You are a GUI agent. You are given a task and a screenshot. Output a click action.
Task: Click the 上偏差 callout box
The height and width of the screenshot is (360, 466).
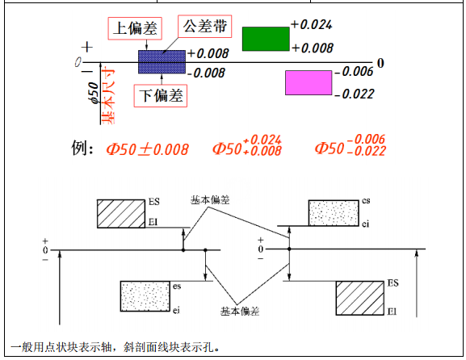[x=135, y=28]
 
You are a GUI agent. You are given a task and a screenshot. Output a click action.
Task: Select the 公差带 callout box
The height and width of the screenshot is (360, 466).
[x=205, y=27]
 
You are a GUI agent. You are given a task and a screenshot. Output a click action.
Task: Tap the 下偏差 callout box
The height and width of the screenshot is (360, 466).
[x=161, y=96]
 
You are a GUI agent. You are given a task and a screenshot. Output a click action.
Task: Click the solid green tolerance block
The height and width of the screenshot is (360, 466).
[x=266, y=39]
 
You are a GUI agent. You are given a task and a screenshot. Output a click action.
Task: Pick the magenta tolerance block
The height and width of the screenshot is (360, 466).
[x=309, y=83]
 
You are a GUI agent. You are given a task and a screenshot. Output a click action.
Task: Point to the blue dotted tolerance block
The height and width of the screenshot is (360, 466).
[x=162, y=62]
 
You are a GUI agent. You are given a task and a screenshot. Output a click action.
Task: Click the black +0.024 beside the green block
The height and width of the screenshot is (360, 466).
[x=312, y=25]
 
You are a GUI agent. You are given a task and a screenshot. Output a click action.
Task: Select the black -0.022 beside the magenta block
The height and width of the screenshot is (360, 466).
[x=355, y=94]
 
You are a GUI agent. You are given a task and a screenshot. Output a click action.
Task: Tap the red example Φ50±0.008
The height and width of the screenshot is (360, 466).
[x=148, y=149]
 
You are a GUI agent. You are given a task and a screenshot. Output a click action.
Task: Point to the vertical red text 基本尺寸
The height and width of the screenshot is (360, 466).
[x=108, y=96]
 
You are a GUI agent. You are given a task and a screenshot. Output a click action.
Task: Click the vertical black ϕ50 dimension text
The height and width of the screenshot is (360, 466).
[x=94, y=93]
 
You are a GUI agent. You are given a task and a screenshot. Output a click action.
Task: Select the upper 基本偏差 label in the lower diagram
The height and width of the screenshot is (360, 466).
[x=211, y=200]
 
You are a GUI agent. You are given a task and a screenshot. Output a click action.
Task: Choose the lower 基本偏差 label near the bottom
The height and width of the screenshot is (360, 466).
[x=240, y=311]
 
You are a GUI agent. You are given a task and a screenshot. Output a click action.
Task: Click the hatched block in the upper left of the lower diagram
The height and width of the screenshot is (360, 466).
[x=121, y=214]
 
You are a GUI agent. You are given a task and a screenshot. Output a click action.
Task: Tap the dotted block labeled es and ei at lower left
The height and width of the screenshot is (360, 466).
[x=145, y=296]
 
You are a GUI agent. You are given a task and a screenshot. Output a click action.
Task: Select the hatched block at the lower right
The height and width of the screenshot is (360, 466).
[x=360, y=298]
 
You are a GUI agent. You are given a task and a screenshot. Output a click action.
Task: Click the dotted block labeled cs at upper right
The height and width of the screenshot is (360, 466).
[x=334, y=213]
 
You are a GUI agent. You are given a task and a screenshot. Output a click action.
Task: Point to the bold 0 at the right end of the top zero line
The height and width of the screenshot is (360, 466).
[x=380, y=63]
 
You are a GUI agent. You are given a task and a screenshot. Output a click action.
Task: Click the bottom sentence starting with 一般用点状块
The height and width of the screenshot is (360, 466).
[x=115, y=347]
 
